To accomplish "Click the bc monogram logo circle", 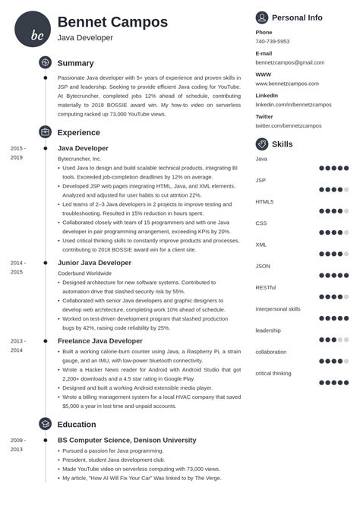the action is pos(33,29).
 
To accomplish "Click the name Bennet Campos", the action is pos(112,21).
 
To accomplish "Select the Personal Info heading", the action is pos(297,17).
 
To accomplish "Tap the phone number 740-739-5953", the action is pos(272,42).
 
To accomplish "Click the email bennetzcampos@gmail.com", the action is pos(289,62).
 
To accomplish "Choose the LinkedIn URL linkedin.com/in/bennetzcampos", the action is pos(293,104).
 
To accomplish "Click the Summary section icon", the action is pos(45,63).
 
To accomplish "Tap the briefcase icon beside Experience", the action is pos(45,131).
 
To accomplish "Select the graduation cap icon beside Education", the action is pos(45,424).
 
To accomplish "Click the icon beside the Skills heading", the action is pos(262,144).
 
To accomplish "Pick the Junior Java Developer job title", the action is pos(95,262).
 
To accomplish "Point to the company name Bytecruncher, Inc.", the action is pos(79,159).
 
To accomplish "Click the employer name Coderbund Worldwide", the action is pos(85,272).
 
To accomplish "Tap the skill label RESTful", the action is pos(265,287).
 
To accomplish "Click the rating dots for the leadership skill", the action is pos(334,340).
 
